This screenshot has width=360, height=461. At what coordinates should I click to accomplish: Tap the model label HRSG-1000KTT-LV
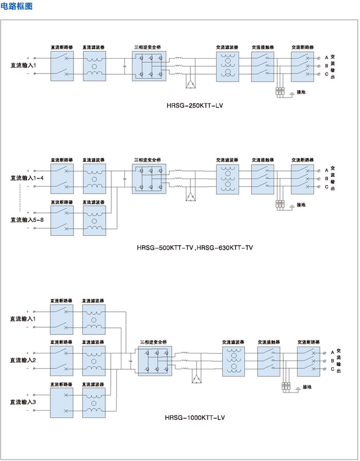[x=194, y=418]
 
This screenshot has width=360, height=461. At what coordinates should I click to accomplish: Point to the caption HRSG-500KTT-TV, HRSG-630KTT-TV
[x=195, y=247]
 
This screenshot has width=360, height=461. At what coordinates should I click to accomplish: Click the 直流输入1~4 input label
[x=27, y=178]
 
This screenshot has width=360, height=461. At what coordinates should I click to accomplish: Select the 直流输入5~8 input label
[x=27, y=220]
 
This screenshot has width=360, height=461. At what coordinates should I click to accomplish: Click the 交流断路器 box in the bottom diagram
[x=309, y=360]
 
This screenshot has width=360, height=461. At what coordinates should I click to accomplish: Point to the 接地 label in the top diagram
[x=301, y=93]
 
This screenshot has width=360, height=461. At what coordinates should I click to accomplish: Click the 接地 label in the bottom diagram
[x=307, y=387]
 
